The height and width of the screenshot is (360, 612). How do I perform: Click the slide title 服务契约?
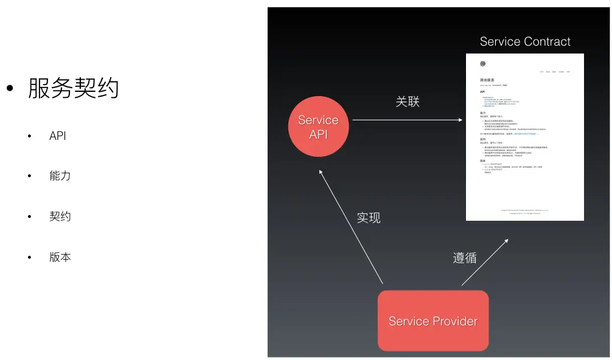(73, 89)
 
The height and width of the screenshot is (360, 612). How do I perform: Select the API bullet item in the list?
(57, 136)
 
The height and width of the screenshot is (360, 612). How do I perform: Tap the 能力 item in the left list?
(60, 176)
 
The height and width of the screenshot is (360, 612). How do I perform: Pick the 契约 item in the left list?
(60, 216)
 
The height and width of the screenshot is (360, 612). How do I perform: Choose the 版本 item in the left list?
(60, 257)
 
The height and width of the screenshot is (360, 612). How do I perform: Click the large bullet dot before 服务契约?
(10, 89)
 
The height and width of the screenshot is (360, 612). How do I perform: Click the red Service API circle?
(318, 126)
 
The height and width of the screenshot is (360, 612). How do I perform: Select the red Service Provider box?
(433, 320)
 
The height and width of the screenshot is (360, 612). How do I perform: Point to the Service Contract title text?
(525, 41)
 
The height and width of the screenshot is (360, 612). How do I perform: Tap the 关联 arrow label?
(407, 102)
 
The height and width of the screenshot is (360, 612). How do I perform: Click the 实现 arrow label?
(368, 217)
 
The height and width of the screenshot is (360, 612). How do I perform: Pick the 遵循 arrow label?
(464, 257)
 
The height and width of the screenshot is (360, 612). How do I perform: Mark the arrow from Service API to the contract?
(407, 120)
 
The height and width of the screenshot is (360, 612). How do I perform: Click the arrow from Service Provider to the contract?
(485, 262)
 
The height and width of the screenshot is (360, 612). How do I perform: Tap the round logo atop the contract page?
(482, 64)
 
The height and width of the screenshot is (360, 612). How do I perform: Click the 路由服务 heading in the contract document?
(487, 80)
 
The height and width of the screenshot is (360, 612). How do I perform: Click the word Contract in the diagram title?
(547, 41)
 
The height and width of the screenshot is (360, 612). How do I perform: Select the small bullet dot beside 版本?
(29, 257)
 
